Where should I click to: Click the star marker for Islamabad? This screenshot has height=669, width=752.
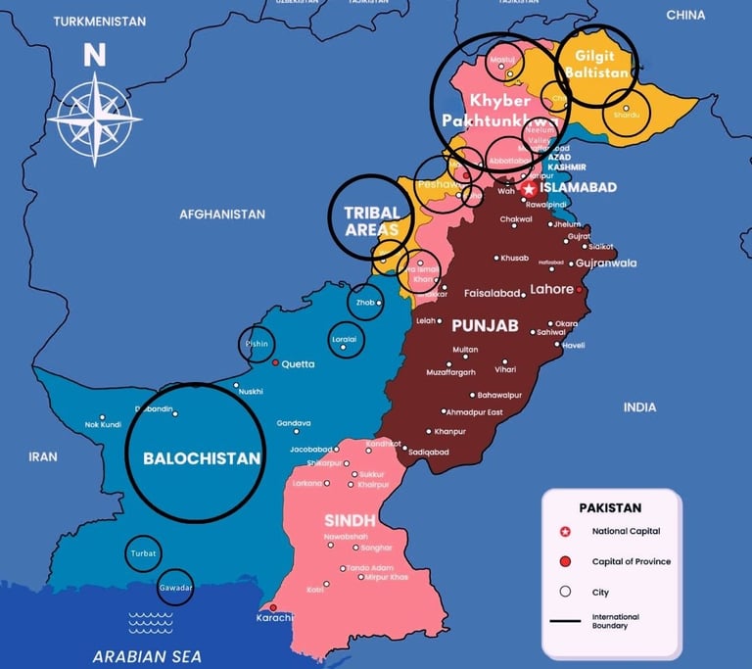[x=530, y=188]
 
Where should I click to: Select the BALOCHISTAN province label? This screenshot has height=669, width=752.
[x=202, y=457]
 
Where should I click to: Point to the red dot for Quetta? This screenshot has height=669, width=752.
[x=275, y=363]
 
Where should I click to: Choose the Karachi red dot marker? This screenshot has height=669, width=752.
[x=273, y=607]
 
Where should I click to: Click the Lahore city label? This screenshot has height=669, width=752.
[x=551, y=289]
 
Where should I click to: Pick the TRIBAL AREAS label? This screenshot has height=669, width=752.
[x=372, y=220]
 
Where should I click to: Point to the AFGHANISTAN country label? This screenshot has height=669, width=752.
[x=222, y=214]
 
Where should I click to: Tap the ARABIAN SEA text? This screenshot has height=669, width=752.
[x=146, y=656]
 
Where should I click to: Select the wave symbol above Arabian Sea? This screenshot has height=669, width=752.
[x=151, y=622]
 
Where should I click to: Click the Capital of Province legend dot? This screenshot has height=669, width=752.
[x=564, y=562]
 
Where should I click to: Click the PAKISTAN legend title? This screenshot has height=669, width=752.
[x=610, y=507]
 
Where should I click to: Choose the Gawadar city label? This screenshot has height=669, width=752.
[x=175, y=588]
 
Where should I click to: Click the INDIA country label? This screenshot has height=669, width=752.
[x=639, y=406]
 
